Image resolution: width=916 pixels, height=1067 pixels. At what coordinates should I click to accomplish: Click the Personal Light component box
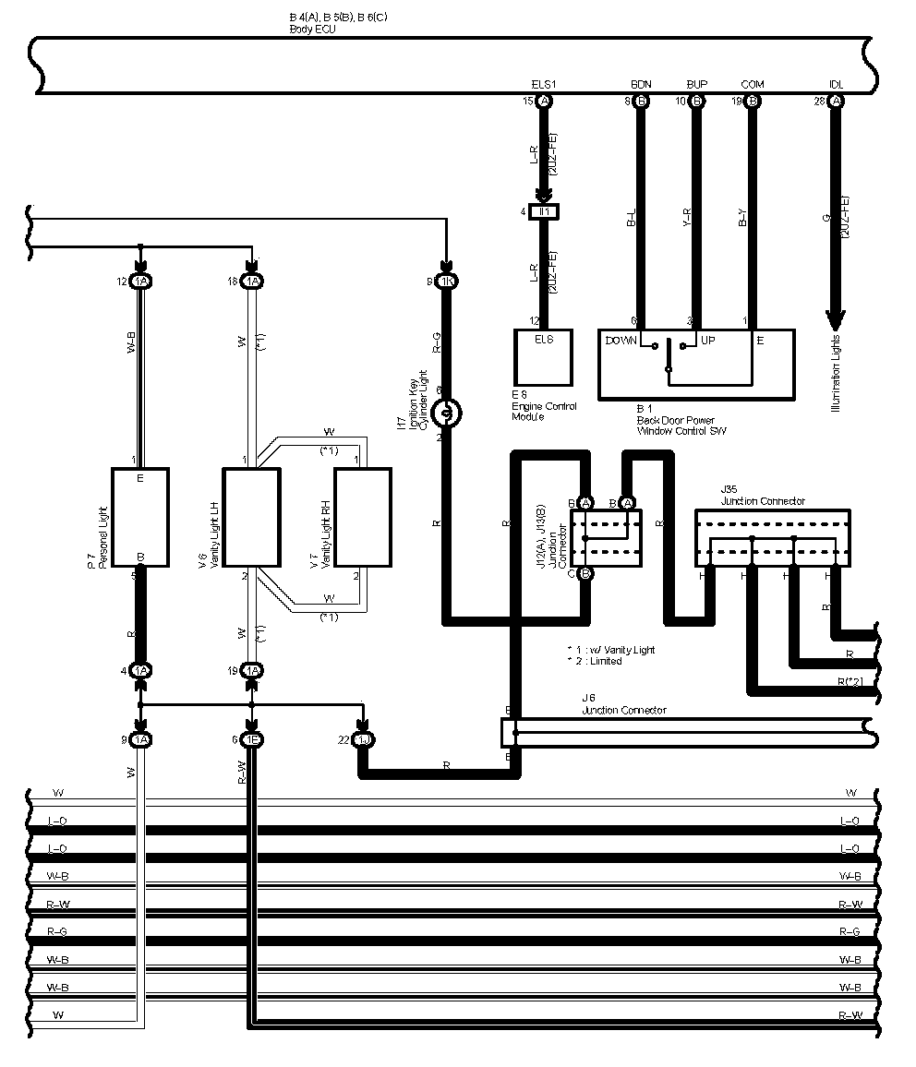pyautogui.click(x=139, y=516)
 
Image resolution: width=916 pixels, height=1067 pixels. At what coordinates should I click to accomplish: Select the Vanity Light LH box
pyautogui.click(x=251, y=516)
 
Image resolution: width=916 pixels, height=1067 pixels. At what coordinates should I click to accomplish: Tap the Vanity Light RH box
pyautogui.click(x=362, y=516)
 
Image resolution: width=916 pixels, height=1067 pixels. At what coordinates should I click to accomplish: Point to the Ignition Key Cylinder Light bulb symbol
pyautogui.click(x=445, y=413)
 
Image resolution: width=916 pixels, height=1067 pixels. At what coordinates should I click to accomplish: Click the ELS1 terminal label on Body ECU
pyautogui.click(x=544, y=84)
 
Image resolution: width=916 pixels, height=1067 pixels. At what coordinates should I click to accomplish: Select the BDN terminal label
pyautogui.click(x=641, y=84)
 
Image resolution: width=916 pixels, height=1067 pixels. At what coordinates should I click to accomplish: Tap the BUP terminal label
pyautogui.click(x=696, y=84)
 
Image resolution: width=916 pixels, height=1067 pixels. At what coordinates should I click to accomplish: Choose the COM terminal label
pyautogui.click(x=753, y=84)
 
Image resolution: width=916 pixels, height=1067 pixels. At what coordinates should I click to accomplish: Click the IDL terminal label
pyautogui.click(x=836, y=84)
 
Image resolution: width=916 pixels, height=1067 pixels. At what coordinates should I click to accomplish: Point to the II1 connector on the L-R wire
pyautogui.click(x=544, y=212)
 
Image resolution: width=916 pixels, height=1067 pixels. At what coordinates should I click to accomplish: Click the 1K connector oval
pyautogui.click(x=445, y=281)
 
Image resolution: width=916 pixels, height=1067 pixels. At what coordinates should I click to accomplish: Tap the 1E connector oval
pyautogui.click(x=251, y=739)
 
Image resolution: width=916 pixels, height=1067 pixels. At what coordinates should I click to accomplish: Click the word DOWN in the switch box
pyautogui.click(x=621, y=341)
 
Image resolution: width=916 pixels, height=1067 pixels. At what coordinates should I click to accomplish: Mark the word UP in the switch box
pyautogui.click(x=708, y=341)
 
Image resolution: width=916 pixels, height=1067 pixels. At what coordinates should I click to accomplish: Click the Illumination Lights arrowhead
pyautogui.click(x=836, y=320)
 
